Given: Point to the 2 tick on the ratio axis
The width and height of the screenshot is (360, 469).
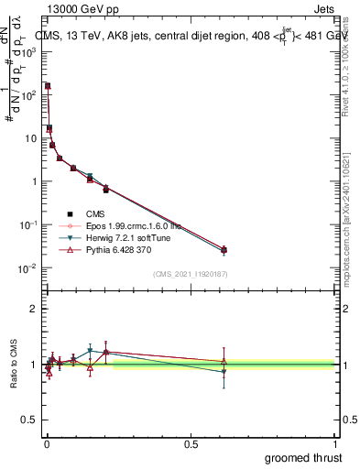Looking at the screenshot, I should [34, 309].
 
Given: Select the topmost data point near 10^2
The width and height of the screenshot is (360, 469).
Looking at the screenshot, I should [47, 86].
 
